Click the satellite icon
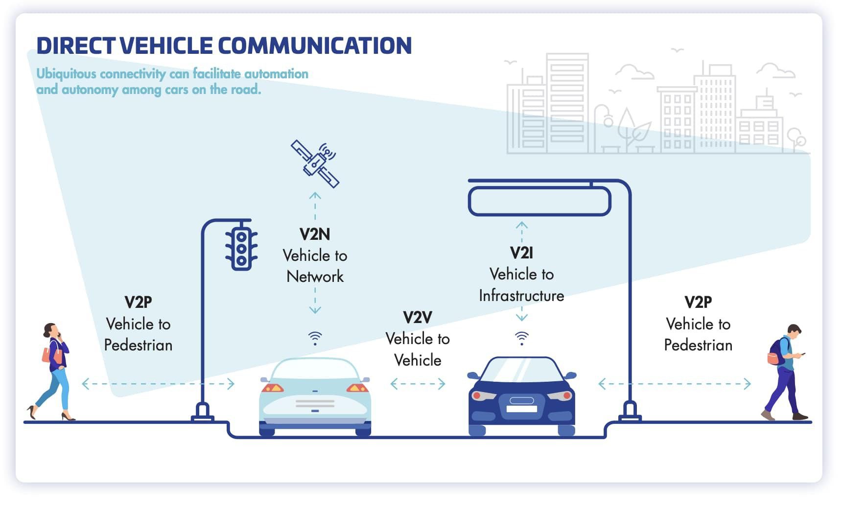click(315, 163)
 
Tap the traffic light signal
click(241, 248)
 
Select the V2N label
click(315, 234)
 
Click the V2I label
click(521, 253)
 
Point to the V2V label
click(417, 318)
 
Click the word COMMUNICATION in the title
click(315, 46)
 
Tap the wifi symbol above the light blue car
click(315, 338)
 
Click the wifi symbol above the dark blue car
click(522, 338)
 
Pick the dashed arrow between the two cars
click(418, 384)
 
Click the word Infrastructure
click(521, 296)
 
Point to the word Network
click(315, 277)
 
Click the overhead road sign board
click(539, 201)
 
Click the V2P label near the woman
click(138, 302)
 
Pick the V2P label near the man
click(698, 302)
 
